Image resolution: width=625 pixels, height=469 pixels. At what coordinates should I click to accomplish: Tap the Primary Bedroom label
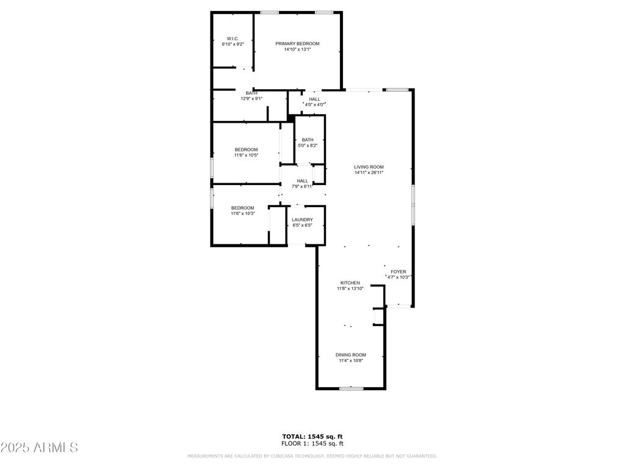coord(297,44)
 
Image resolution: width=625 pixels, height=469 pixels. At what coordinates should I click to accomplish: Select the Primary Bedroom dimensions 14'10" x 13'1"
coord(297,49)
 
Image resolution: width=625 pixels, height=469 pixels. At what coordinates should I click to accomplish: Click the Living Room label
coord(369,167)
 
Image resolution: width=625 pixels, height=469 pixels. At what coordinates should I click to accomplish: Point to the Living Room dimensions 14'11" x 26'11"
coord(369,173)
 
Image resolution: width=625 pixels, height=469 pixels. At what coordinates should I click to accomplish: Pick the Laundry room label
coord(303,220)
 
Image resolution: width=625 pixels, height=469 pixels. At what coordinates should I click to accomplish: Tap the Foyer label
coord(399,272)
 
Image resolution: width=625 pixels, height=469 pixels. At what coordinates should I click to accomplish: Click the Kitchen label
coord(350,283)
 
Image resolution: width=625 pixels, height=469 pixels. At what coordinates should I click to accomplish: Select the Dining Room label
coord(351,355)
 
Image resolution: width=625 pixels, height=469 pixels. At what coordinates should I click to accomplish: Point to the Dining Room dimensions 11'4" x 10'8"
coord(351,360)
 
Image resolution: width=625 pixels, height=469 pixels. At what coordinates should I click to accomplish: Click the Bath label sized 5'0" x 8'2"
coord(308,140)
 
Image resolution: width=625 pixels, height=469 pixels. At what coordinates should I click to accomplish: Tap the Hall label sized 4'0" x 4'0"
coord(314,100)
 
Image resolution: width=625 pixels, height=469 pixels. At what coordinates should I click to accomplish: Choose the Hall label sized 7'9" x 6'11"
coord(303,181)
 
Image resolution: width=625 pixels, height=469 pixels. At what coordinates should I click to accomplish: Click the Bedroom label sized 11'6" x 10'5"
coord(247,150)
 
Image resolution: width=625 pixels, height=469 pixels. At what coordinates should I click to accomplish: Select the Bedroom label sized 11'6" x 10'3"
coord(243,208)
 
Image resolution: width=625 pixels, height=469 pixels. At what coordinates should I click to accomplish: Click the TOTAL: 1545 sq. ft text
coord(312,437)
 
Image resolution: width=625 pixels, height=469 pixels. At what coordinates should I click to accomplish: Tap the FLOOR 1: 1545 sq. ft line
coord(312,443)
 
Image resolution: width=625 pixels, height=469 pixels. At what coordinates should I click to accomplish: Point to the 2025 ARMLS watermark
coord(39,448)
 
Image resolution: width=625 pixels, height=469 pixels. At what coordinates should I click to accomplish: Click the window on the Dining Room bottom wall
coord(351,388)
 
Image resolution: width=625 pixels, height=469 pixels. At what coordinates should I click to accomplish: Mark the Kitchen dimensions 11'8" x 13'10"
coord(350,288)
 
